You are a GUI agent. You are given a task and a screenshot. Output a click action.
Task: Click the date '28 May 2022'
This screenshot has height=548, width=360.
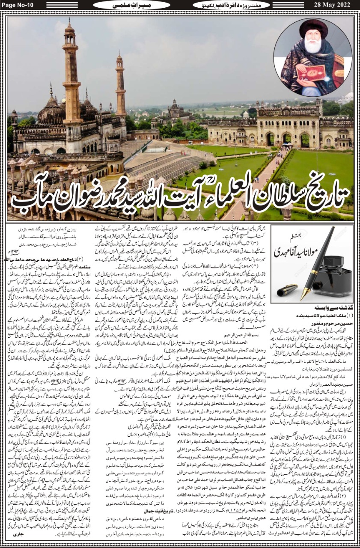click(333, 5)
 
